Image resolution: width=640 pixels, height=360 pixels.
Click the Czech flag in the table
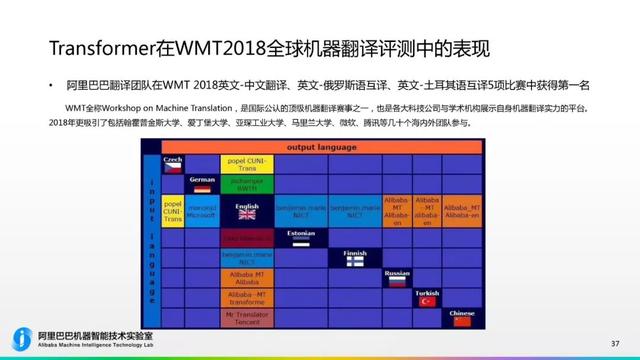coord(173,163)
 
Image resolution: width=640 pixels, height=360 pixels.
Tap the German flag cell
coord(201,186)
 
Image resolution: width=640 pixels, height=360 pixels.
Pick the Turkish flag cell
coord(428,298)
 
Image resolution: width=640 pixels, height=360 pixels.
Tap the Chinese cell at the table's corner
coord(462,317)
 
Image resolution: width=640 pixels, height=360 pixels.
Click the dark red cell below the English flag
coord(245,237)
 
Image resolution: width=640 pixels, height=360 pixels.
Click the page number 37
coord(614,341)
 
